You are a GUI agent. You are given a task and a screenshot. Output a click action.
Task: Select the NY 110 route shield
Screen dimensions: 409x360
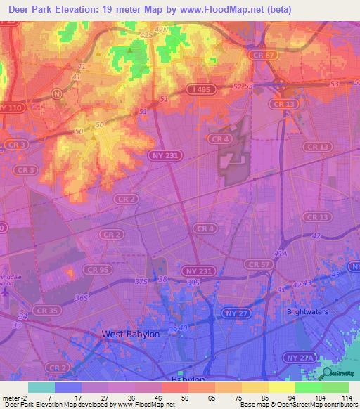[x=11, y=108]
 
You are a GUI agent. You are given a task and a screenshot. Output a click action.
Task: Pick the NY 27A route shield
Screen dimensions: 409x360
[x=301, y=358]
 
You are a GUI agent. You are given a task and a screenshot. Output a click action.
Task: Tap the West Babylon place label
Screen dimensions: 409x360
[x=131, y=335]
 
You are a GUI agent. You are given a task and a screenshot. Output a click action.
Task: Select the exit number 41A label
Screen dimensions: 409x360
[x=281, y=254]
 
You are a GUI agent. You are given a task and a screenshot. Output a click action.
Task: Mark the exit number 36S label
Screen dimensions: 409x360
[x=82, y=298]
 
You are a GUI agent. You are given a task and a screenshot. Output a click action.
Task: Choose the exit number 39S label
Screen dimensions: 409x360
[x=193, y=283]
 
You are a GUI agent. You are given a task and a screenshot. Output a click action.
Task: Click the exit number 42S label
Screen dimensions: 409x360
[x=146, y=34]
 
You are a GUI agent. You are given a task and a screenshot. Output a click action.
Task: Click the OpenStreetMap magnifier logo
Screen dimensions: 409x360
[x=326, y=373]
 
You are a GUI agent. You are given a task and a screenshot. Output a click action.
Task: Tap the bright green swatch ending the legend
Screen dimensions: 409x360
[x=335, y=387]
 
